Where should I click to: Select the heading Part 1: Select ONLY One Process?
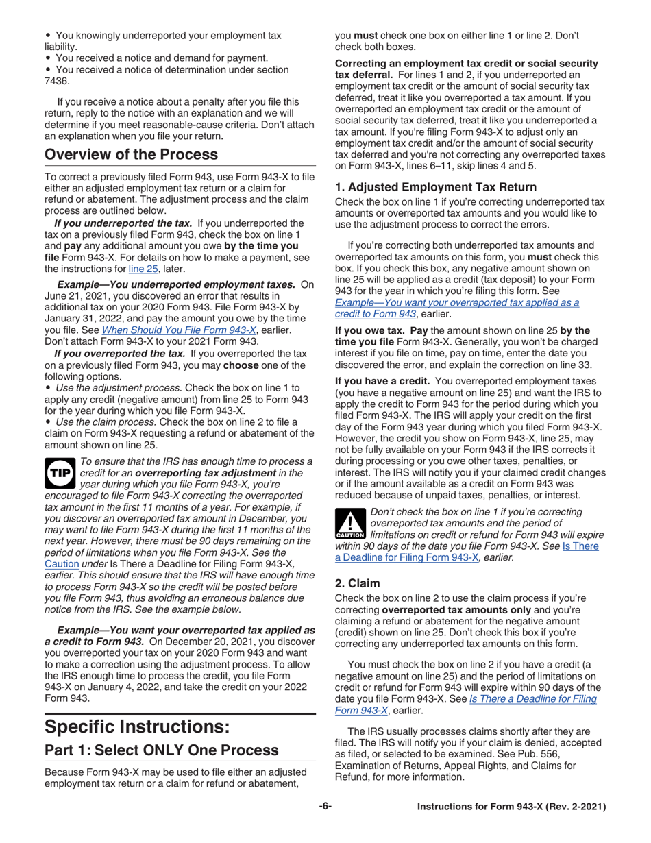pos(162,750)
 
